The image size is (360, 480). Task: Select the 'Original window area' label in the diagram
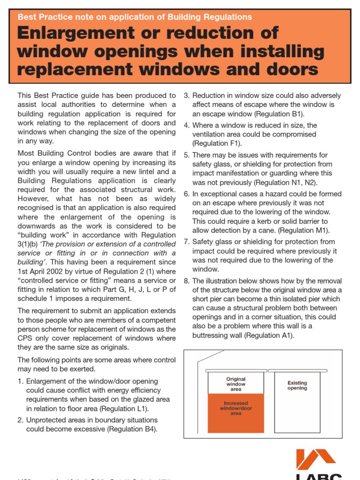236,384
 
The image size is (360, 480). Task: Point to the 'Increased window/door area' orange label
236,408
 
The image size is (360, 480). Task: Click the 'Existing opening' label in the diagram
297,385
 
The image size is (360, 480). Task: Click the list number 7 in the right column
186,242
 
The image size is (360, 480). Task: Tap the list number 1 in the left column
20,381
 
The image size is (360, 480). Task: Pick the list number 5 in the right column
186,155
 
